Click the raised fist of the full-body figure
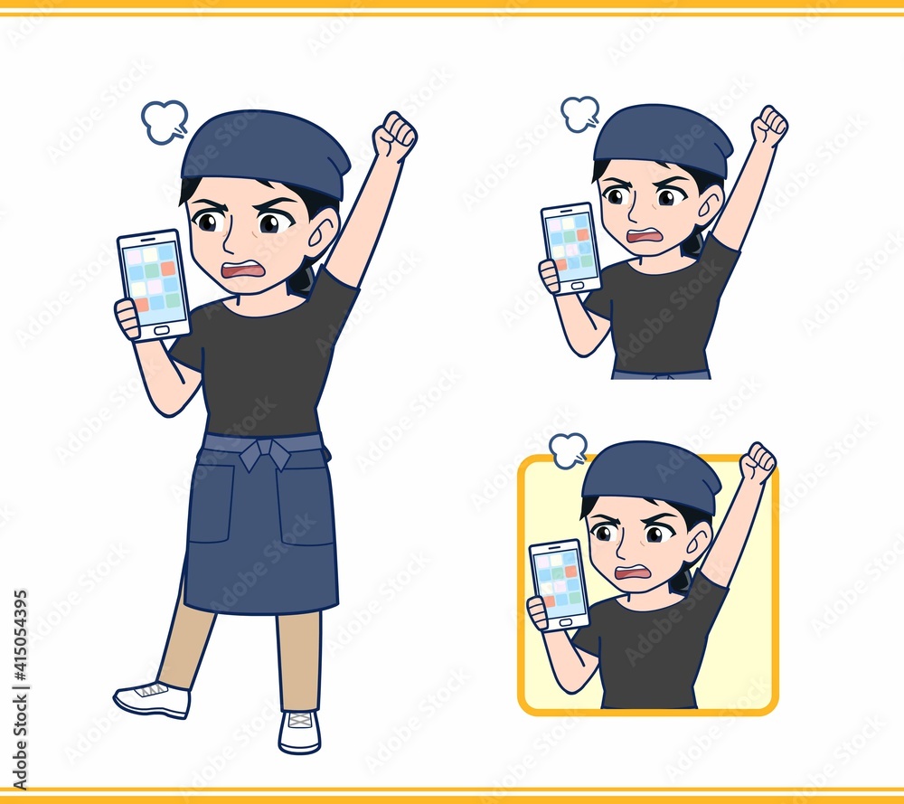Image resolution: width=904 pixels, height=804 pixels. click(x=394, y=136)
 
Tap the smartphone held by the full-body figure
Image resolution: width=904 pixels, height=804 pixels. click(x=154, y=284)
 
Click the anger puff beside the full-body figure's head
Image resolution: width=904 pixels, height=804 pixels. click(x=165, y=122)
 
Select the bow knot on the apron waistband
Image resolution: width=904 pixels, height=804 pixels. click(x=263, y=454)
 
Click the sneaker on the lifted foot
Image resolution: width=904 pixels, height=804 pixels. click(x=152, y=699)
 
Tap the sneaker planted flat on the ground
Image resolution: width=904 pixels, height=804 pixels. click(x=300, y=731)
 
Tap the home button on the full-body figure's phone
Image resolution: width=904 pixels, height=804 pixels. click(x=162, y=330)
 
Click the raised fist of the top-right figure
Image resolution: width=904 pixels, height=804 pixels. click(x=769, y=125)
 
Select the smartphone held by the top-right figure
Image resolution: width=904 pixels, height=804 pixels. click(x=571, y=249)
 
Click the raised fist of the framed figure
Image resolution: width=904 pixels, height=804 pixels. click(x=758, y=461)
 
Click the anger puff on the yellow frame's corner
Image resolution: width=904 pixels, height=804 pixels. click(x=569, y=449)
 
